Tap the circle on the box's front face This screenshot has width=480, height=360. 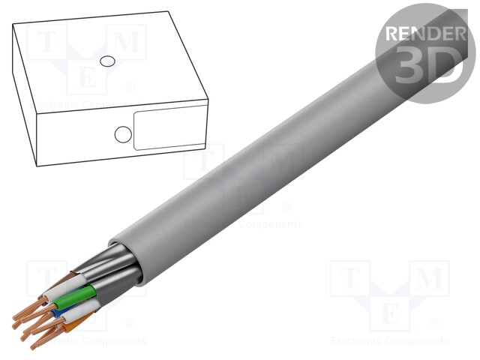click(121, 134)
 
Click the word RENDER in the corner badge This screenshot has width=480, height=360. click(424, 34)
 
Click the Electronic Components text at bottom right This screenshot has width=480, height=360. click(389, 341)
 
